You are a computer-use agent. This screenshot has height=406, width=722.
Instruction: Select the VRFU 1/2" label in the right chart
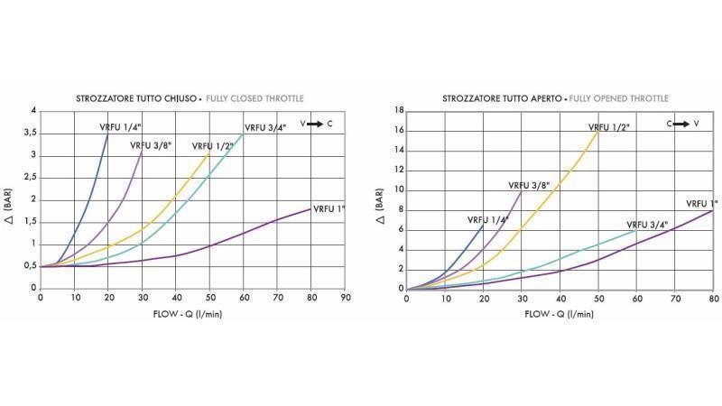pyautogui.click(x=608, y=127)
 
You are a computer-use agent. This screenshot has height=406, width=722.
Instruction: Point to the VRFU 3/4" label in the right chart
pyautogui.click(x=648, y=225)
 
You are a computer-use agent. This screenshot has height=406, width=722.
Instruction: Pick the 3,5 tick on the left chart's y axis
pyautogui.click(x=31, y=133)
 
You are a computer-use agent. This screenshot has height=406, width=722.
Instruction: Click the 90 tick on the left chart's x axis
pyautogui.click(x=346, y=297)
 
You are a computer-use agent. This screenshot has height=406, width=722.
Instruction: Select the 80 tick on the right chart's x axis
pyautogui.click(x=713, y=297)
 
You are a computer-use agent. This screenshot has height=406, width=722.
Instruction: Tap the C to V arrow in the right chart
pyautogui.click(x=682, y=123)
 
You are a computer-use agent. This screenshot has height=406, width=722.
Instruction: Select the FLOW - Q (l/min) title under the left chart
pyautogui.click(x=192, y=313)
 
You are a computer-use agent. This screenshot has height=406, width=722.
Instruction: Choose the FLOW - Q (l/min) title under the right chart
pyautogui.click(x=559, y=313)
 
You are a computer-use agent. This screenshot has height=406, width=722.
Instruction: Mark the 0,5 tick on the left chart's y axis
pyautogui.click(x=31, y=266)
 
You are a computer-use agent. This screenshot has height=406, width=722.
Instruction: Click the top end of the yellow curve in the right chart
pyautogui.click(x=598, y=132)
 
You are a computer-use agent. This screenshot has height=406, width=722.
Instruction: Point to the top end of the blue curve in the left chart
pyautogui.click(x=107, y=134)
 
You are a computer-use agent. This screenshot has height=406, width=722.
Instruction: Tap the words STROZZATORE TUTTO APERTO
pyautogui.click(x=504, y=97)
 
